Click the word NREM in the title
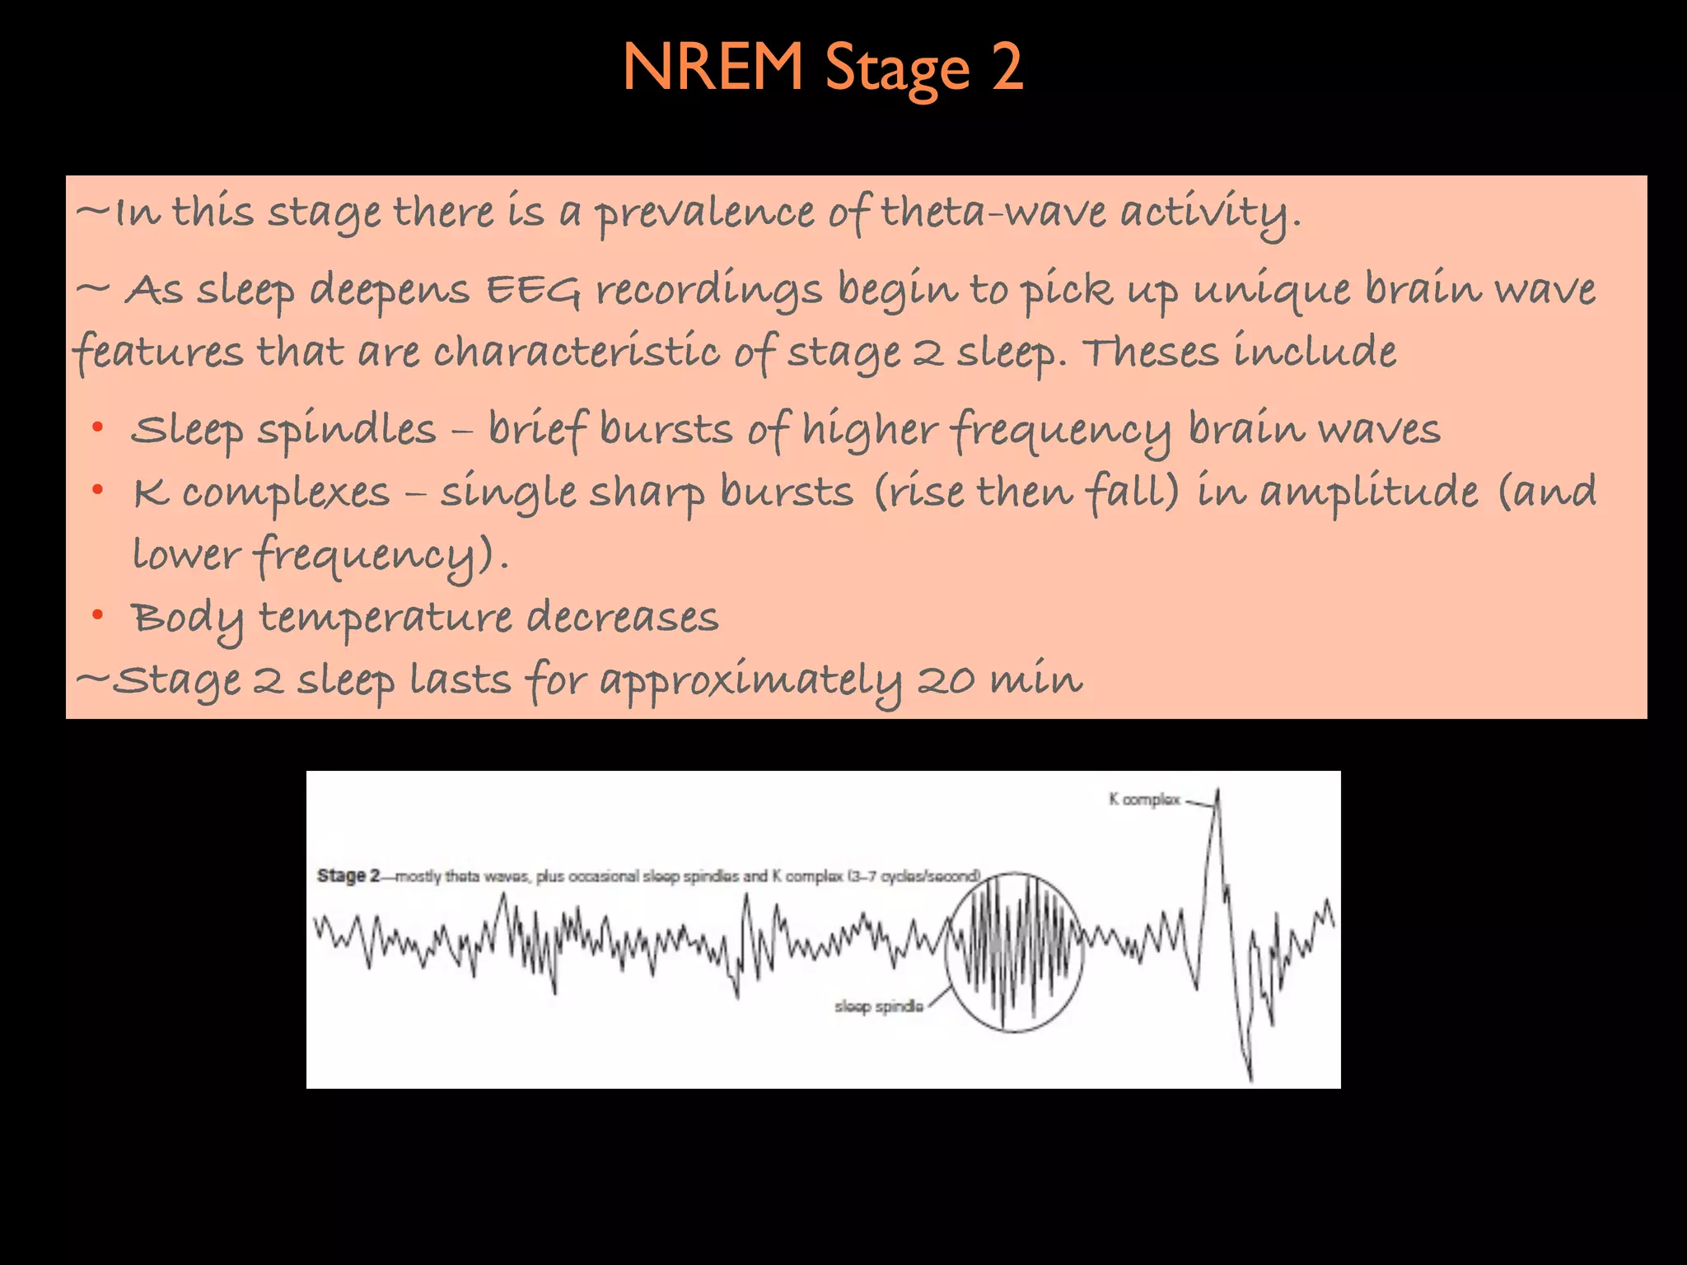(x=713, y=68)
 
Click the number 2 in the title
(x=1007, y=68)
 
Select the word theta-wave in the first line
(x=993, y=212)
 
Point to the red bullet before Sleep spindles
(x=98, y=427)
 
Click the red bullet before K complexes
(x=98, y=491)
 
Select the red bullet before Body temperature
(x=98, y=614)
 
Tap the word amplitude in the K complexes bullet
(x=1369, y=492)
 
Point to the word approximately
(x=750, y=682)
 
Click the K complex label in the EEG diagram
(x=1145, y=799)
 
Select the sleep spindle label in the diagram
(x=878, y=1006)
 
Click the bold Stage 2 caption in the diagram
(x=348, y=875)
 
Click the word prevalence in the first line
(x=705, y=212)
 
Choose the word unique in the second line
(x=1273, y=290)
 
